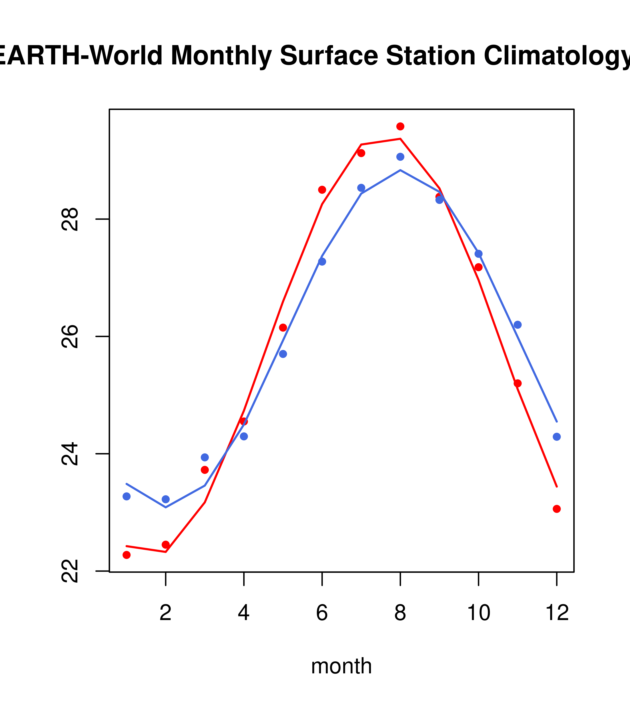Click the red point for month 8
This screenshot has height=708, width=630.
[400, 126]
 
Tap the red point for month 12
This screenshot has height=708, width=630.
[556, 509]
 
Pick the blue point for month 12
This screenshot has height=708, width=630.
[556, 437]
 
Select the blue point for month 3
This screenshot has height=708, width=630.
[205, 457]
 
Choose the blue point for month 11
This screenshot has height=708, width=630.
[517, 324]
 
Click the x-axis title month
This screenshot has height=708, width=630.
[341, 666]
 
